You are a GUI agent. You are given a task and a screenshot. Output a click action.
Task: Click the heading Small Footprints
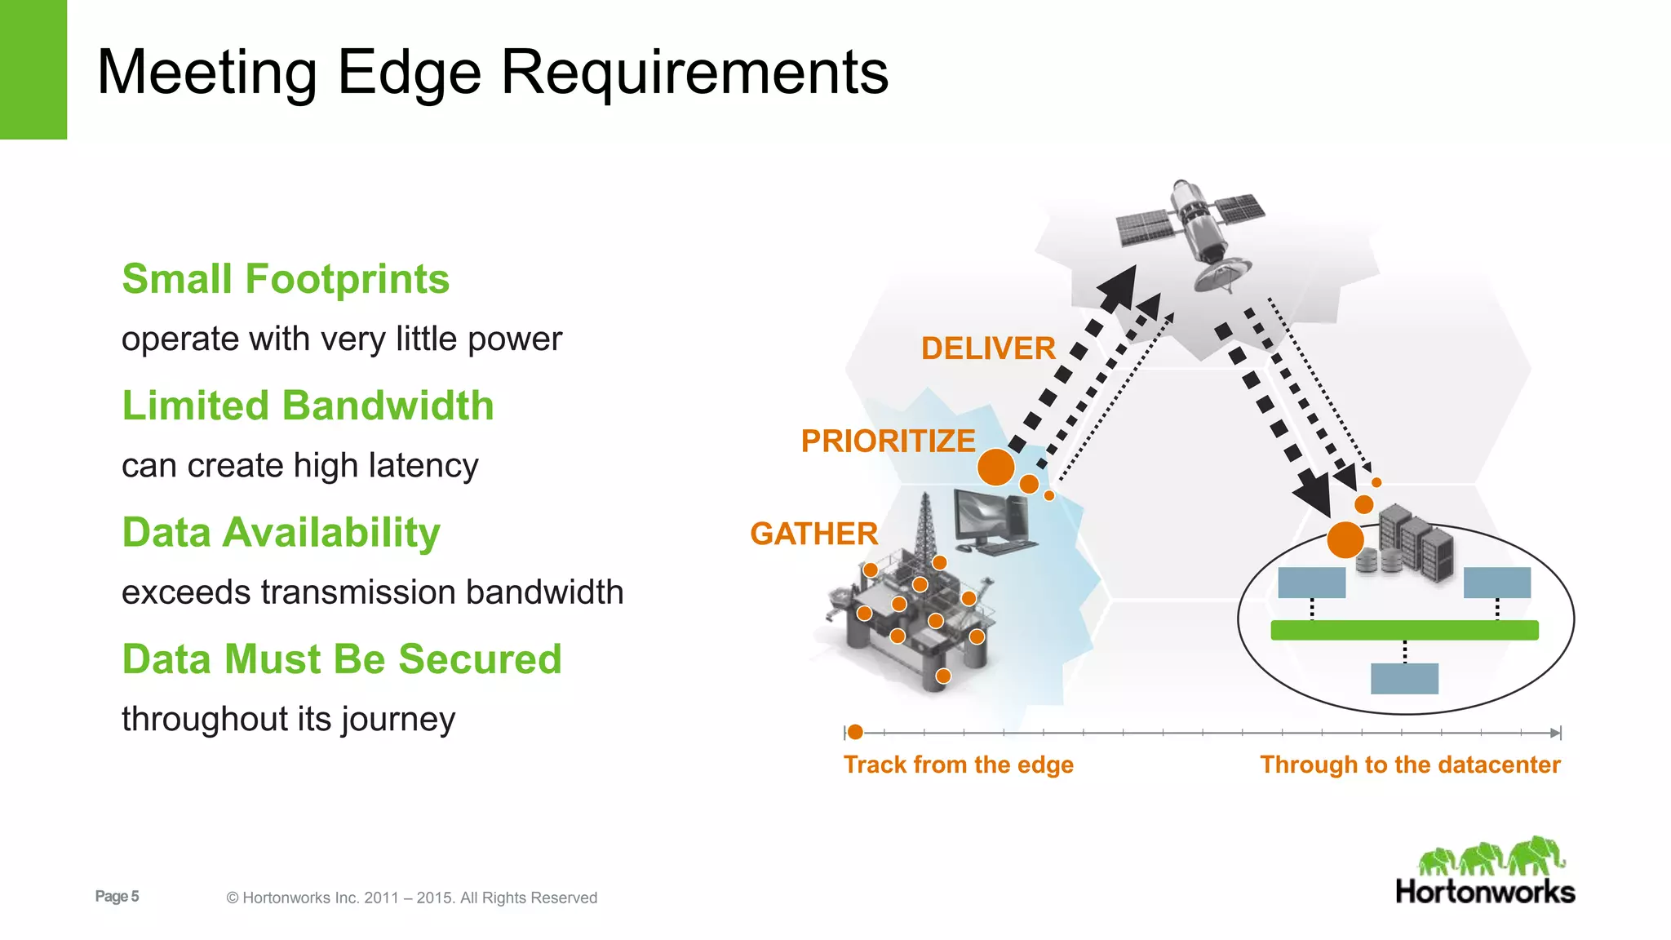[x=286, y=279]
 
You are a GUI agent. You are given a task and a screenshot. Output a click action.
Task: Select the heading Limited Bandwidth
[x=308, y=406]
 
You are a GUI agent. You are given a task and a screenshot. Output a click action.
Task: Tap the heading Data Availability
[x=281, y=532]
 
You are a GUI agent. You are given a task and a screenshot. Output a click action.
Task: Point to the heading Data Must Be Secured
[x=342, y=658]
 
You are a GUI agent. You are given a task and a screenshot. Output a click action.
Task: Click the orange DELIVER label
[x=988, y=348]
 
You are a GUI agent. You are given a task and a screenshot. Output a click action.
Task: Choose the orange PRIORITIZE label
[x=888, y=441]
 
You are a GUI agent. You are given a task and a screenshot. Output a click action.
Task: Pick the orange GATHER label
[x=813, y=534]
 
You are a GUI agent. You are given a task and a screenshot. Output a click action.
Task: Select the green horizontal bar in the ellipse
[x=1404, y=630]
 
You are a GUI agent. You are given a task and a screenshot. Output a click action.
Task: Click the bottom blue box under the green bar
[x=1404, y=678]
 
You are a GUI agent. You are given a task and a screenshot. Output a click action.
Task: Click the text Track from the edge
[x=958, y=765]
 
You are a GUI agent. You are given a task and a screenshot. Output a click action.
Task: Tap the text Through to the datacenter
[x=1410, y=765]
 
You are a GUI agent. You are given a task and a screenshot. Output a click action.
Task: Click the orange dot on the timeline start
[x=855, y=732]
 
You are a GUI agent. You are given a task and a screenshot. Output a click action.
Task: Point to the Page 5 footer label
[x=117, y=896]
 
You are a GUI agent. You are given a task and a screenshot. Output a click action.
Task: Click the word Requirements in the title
[x=694, y=72]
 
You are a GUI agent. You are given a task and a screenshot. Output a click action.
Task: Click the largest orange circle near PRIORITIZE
[x=996, y=467]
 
